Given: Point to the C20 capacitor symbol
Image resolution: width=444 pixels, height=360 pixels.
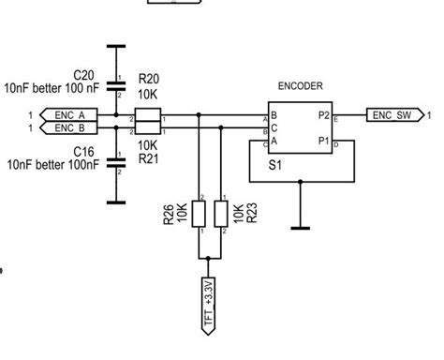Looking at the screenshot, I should pos(116,83).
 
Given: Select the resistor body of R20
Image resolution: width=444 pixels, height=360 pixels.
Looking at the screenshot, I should pos(147,115).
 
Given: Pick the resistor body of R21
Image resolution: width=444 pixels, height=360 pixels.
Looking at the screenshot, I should pos(147,128).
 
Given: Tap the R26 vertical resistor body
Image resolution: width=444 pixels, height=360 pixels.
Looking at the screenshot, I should pos(200,215).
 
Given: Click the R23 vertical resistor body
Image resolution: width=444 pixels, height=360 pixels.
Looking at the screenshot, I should pos(221,215).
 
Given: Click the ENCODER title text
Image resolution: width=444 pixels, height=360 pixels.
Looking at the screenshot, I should pos(301,85).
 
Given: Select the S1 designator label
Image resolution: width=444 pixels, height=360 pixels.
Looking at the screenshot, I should pos(275,163).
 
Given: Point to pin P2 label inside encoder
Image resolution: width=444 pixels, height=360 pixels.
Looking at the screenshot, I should pos(324,115).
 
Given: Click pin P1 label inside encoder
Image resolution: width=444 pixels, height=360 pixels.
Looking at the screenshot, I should pos(324,142).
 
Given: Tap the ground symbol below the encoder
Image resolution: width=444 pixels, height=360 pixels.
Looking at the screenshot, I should pos(301,225).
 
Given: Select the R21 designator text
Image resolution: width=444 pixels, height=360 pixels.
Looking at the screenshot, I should pos(147,159).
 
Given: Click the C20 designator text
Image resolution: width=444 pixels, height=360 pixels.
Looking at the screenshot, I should pos(83,73).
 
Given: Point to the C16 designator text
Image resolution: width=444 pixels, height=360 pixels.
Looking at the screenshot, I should pos(83,150).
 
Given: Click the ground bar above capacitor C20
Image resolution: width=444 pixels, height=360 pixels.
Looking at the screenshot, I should pos(116,44).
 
